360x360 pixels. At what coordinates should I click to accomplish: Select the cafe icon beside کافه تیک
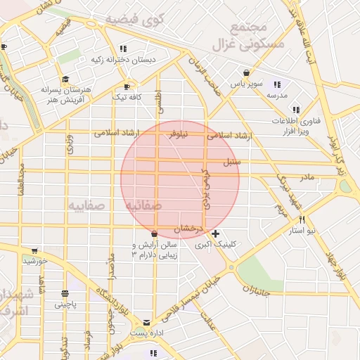pyautogui.click(x=117, y=89)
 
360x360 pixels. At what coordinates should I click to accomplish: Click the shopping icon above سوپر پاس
pyautogui.click(x=246, y=72)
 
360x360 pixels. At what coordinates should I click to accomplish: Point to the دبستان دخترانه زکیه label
pyautogui.click(x=123, y=60)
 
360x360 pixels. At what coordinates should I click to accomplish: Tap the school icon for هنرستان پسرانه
pyautogui.click(x=65, y=79)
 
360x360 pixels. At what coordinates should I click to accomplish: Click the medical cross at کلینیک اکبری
pyautogui.click(x=215, y=233)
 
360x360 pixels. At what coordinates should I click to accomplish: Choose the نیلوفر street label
pyautogui.click(x=177, y=133)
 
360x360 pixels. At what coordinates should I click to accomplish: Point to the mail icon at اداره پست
pyautogui.click(x=146, y=322)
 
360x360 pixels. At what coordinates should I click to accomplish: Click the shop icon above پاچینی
pyautogui.click(x=65, y=293)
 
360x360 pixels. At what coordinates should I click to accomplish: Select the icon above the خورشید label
pyautogui.click(x=33, y=250)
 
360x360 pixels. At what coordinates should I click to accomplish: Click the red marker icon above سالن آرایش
pyautogui.click(x=155, y=234)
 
